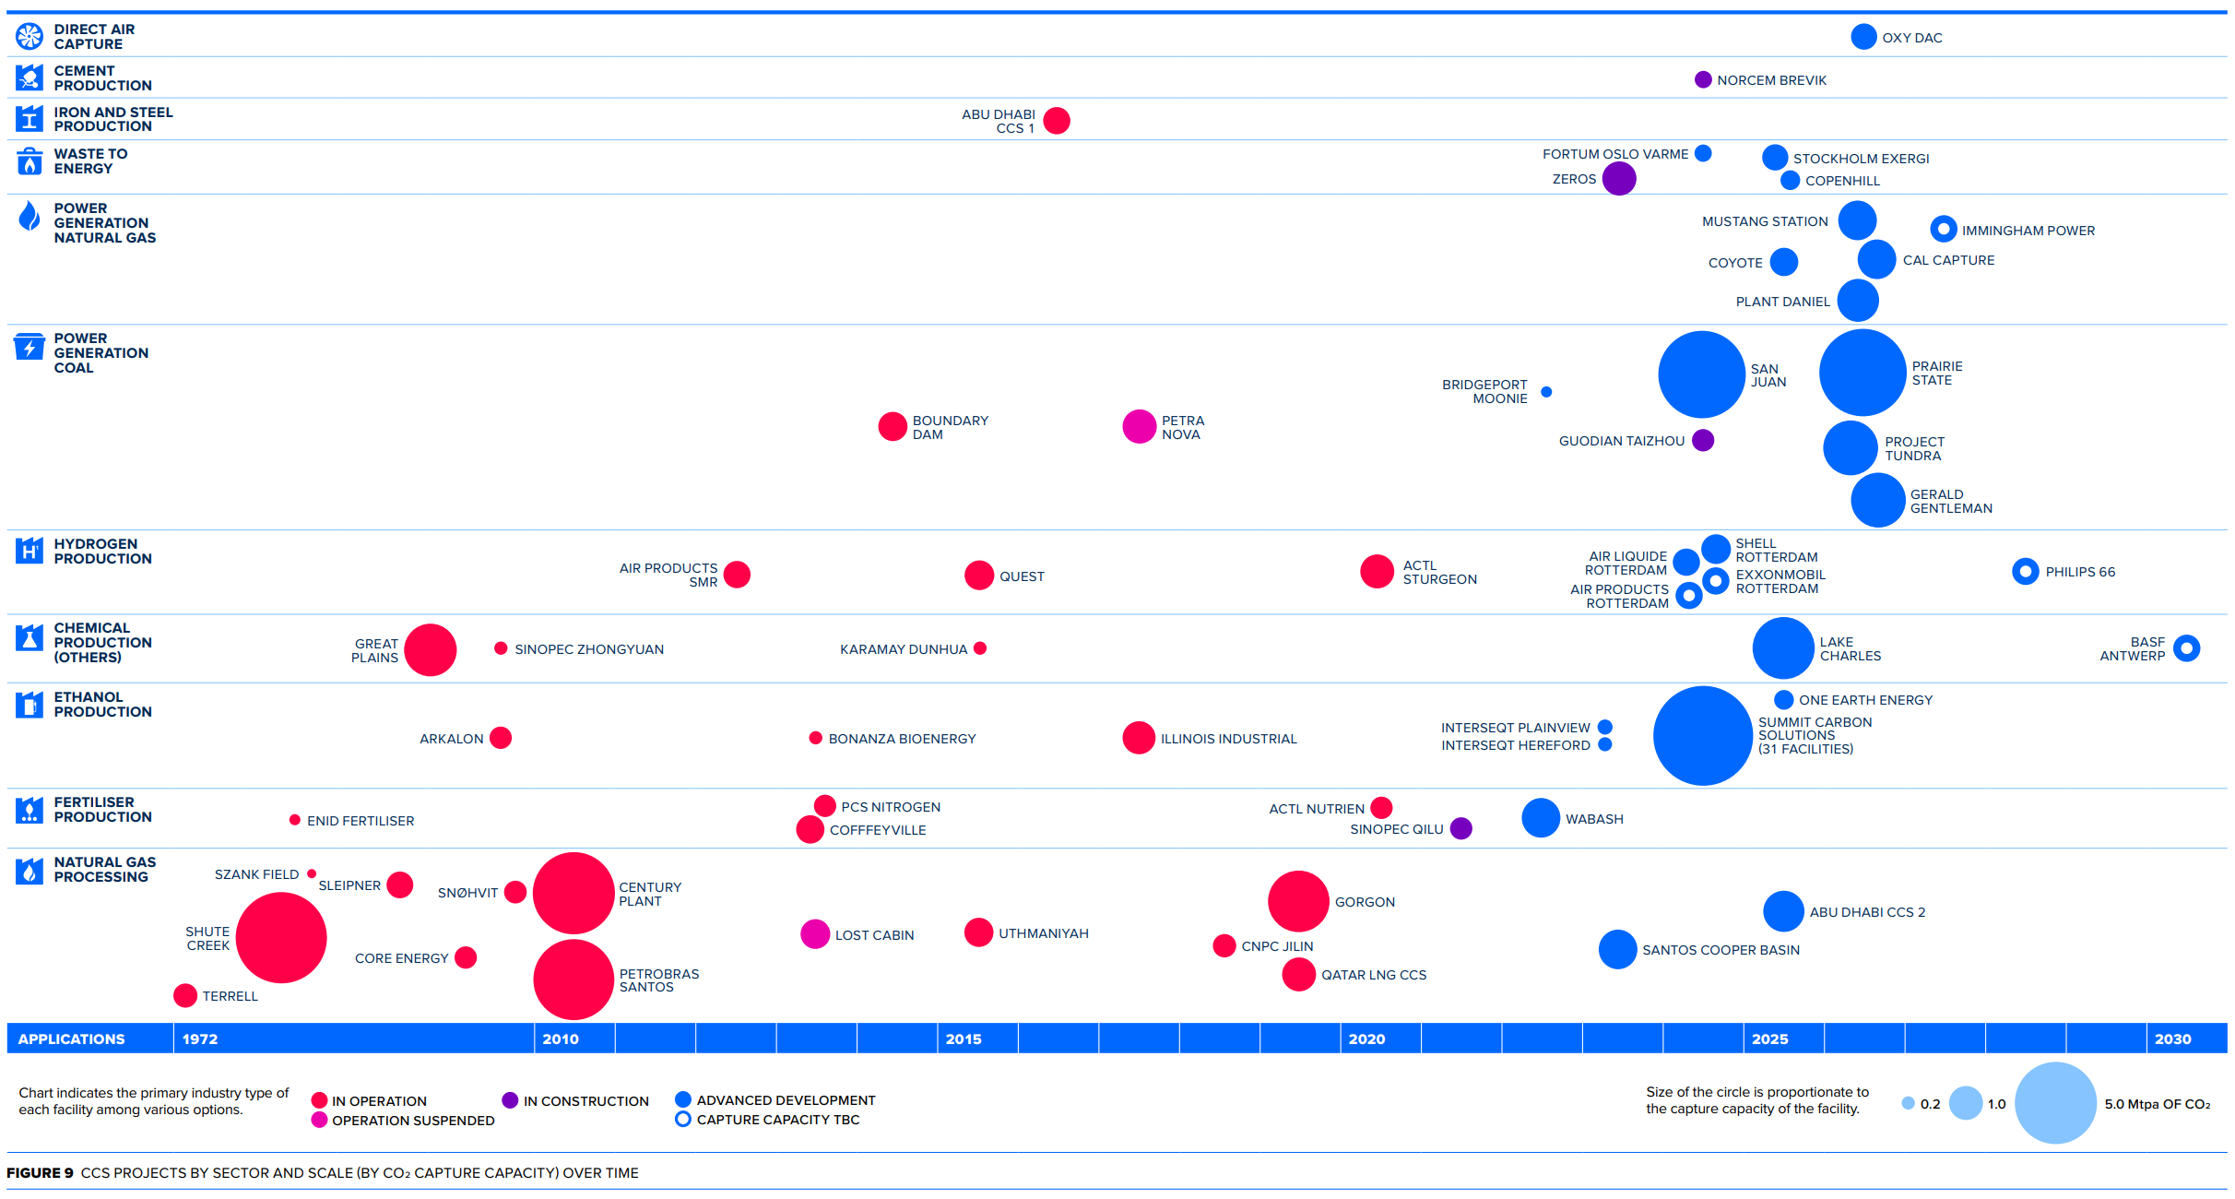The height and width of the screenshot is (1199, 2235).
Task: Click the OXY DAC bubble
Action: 1863,37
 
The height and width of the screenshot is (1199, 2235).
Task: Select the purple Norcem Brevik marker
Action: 1703,80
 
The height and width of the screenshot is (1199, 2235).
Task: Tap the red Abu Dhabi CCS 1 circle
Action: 1057,121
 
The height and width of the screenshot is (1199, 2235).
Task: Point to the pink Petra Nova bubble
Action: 1140,427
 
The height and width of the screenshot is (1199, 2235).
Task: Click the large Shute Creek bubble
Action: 281,938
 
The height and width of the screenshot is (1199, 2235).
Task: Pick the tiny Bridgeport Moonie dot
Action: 1546,392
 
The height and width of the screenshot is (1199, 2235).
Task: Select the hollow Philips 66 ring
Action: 2025,572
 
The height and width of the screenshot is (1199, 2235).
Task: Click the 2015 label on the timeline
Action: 964,1039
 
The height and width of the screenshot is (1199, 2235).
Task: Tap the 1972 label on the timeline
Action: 200,1039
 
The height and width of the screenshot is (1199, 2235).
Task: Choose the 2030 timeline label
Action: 2172,1039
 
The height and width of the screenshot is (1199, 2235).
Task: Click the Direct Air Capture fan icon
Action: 30,36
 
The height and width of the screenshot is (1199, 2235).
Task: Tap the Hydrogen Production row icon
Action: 30,551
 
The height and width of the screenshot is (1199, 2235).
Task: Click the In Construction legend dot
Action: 510,1100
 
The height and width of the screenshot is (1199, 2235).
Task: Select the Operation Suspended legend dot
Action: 320,1120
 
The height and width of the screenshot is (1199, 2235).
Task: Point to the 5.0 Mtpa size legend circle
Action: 2055,1103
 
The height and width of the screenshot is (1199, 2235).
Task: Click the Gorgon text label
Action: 1365,902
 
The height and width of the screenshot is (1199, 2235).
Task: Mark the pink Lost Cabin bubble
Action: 815,934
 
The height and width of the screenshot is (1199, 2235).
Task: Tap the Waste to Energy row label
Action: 90,161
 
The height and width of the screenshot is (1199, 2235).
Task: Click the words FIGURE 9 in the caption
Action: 40,1173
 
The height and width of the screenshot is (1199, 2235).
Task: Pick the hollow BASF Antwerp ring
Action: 2186,648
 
